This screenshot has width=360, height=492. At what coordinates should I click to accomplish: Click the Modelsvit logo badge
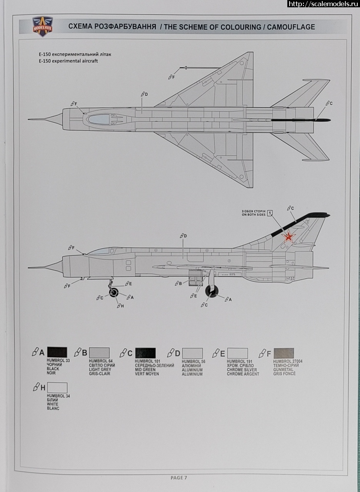click(x=42, y=26)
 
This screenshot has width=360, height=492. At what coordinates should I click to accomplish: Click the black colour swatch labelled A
click(x=57, y=353)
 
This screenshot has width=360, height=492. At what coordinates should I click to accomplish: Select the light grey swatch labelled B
click(x=99, y=353)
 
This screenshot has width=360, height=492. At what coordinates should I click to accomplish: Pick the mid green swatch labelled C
click(x=145, y=353)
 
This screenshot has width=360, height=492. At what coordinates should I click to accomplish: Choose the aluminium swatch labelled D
click(x=192, y=353)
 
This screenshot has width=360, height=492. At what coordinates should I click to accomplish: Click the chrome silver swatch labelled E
click(x=237, y=353)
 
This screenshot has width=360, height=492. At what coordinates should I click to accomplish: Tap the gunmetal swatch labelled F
click(x=283, y=353)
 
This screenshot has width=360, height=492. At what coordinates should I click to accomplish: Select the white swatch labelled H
click(x=57, y=387)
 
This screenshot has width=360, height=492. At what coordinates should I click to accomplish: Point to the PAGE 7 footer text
click(x=178, y=478)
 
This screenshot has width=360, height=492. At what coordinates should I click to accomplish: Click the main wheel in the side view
click(x=212, y=291)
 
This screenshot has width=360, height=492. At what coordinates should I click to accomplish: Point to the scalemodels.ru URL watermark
click(x=323, y=4)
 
